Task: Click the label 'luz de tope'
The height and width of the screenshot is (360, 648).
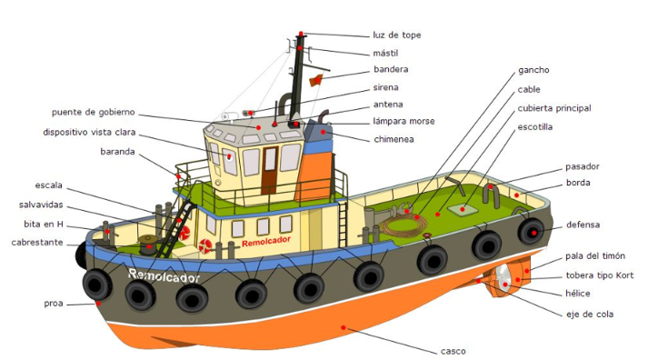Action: click(x=397, y=35)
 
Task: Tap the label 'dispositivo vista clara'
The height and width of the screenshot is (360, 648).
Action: click(x=89, y=132)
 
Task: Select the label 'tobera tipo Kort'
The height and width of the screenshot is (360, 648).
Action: click(x=599, y=275)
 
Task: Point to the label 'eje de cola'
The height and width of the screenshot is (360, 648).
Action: click(x=590, y=315)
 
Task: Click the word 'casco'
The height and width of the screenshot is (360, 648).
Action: click(x=453, y=351)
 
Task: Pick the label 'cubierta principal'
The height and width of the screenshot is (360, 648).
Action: click(x=554, y=108)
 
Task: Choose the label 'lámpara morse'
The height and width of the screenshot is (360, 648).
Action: click(x=404, y=121)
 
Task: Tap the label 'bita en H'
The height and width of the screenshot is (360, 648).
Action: click(x=44, y=224)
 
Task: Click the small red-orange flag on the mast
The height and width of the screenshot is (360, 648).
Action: click(x=316, y=80)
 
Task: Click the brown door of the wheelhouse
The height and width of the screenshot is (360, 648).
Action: click(x=269, y=170)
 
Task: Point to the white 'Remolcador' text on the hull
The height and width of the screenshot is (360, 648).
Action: click(x=164, y=275)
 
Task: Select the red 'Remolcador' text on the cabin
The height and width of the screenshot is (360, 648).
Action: click(x=266, y=242)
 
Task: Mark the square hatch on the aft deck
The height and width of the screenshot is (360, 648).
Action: click(x=462, y=210)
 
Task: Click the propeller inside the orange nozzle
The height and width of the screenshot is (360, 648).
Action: click(x=503, y=278)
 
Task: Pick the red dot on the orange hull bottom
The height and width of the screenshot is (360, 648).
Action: click(x=343, y=328)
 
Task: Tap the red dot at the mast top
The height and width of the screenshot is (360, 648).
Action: click(x=301, y=34)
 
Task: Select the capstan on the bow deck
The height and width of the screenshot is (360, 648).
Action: click(x=147, y=244)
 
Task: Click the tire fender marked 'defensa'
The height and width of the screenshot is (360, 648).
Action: click(x=532, y=232)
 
